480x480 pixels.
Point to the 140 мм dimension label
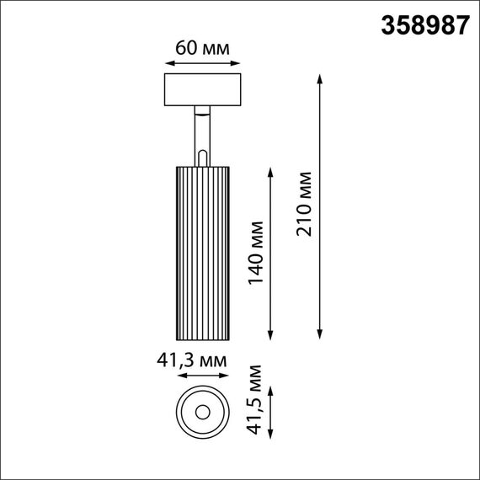coord(257,251)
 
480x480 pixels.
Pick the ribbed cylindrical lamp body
coord(202,252)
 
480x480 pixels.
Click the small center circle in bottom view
coord(202,412)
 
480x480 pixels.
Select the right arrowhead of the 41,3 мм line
coord(227,376)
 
